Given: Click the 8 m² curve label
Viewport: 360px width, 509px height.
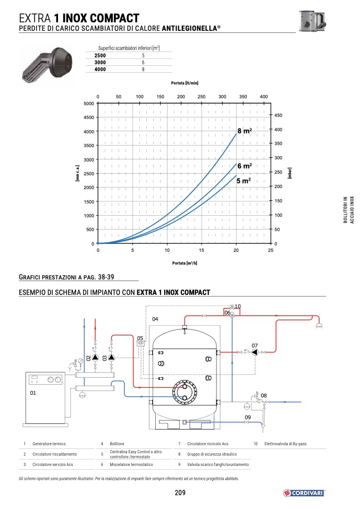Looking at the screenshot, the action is pyautogui.click(x=245, y=131).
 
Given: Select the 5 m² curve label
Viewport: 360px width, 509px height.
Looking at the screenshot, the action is pyautogui.click(x=244, y=181).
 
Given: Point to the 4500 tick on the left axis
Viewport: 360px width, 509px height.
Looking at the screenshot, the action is pyautogui.click(x=89, y=117).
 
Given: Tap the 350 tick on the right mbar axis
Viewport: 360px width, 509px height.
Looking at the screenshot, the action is pyautogui.click(x=279, y=143).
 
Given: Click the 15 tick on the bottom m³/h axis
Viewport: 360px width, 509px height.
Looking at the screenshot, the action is pyautogui.click(x=202, y=250).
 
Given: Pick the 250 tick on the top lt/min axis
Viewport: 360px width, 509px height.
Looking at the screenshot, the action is pyautogui.click(x=202, y=97).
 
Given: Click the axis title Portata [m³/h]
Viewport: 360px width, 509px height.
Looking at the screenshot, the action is pyautogui.click(x=185, y=263).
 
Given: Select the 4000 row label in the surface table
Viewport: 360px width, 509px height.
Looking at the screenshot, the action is pyautogui.click(x=100, y=70).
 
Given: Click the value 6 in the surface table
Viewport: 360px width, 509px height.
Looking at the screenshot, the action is pyautogui.click(x=143, y=63).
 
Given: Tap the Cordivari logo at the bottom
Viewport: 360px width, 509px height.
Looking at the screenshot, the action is pyautogui.click(x=304, y=493).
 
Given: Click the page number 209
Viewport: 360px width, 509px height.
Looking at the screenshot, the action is pyautogui.click(x=180, y=493).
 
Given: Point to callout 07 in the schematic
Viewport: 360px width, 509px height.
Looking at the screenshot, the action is pyautogui.click(x=255, y=346).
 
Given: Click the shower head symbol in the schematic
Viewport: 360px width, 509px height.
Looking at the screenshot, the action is pyautogui.click(x=319, y=326).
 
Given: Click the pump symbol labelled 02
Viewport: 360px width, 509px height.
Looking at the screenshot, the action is pyautogui.click(x=95, y=358).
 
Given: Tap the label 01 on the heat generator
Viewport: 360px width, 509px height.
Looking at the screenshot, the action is pyautogui.click(x=33, y=393).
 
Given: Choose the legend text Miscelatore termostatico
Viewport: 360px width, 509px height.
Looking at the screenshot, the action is pyautogui.click(x=131, y=464).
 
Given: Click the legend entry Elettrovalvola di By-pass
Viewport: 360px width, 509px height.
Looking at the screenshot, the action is pyautogui.click(x=286, y=444).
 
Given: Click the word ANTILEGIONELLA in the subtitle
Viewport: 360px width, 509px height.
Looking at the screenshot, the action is pyautogui.click(x=190, y=28).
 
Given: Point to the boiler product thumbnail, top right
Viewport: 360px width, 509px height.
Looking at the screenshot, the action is pyautogui.click(x=312, y=21).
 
